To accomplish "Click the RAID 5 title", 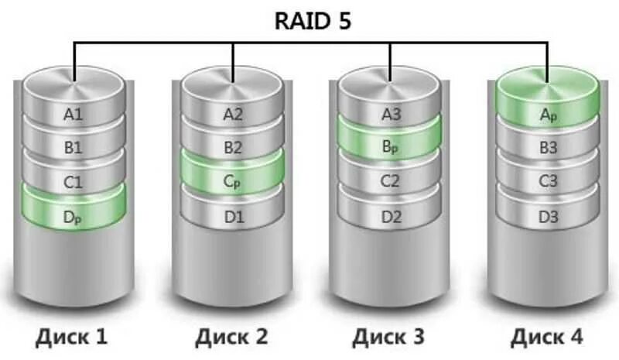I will [x=313, y=21].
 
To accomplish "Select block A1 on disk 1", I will [x=74, y=115].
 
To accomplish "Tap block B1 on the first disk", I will [x=74, y=147].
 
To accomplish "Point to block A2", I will [x=233, y=115].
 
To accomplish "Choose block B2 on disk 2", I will [x=233, y=147].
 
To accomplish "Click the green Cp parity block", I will [x=233, y=182].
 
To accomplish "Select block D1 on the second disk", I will [x=233, y=217].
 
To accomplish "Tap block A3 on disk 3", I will [x=392, y=115].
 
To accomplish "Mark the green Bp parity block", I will [x=392, y=147].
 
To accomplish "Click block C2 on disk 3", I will [x=392, y=183].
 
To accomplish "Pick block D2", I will [x=392, y=217].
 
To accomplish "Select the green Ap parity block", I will [x=548, y=115].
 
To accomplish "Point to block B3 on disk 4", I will [x=548, y=147].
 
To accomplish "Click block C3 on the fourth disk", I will [x=548, y=183].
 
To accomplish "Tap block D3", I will [x=548, y=217].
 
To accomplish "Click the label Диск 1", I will [x=70, y=337].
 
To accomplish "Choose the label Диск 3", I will [x=388, y=337].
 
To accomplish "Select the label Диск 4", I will [x=546, y=337].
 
